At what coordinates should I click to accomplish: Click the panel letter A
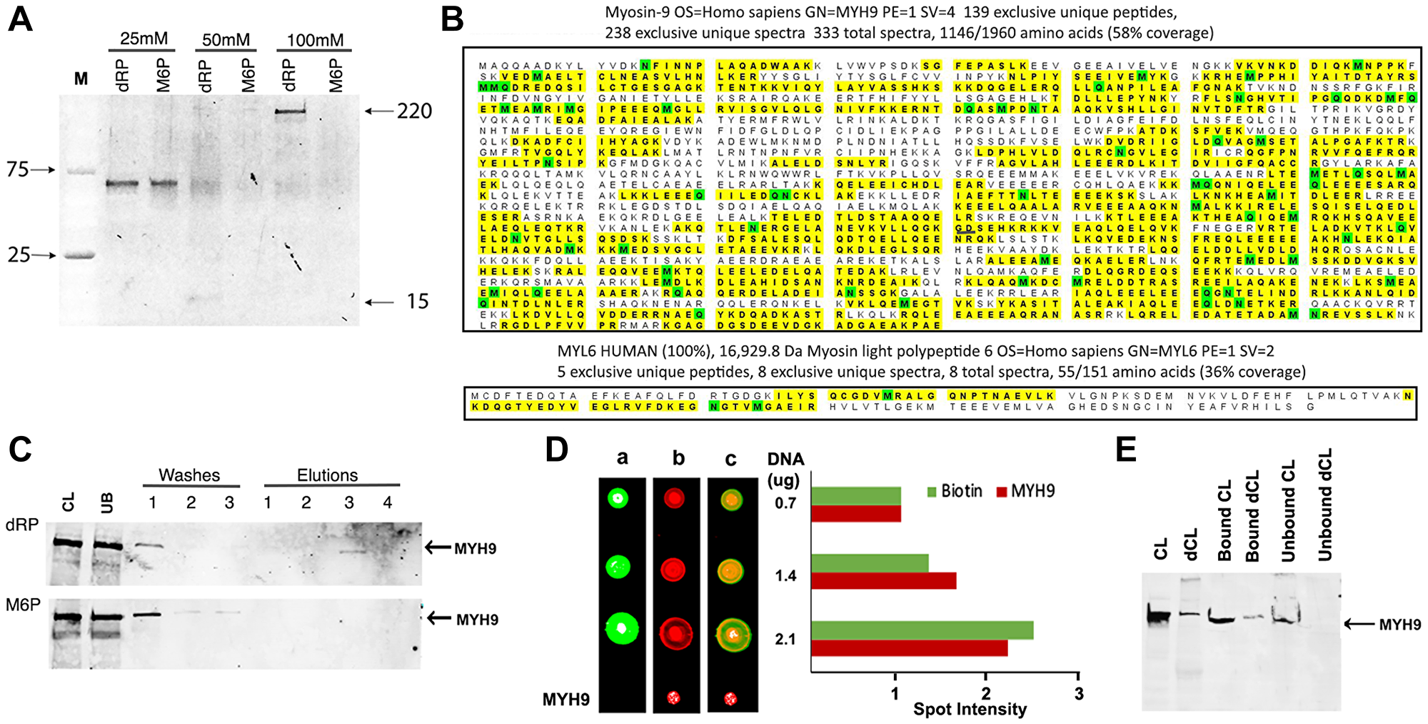pos(20,19)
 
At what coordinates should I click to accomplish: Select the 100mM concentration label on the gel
pos(315,40)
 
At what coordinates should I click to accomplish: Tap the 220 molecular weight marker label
pos(414,111)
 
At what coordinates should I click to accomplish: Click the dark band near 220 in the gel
pos(291,111)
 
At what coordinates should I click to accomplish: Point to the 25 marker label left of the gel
pos(19,255)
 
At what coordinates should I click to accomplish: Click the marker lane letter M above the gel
pos(81,79)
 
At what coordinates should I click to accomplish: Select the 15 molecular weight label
pos(418,302)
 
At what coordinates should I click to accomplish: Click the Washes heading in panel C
pos(189,475)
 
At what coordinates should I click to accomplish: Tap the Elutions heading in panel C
pos(327,475)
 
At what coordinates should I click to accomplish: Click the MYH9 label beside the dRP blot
pos(475,548)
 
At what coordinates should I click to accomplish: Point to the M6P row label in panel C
pos(23,605)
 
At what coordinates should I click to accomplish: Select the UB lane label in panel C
pos(107,503)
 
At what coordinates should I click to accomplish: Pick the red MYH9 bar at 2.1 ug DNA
pos(910,648)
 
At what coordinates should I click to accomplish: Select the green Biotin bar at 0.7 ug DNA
pos(856,495)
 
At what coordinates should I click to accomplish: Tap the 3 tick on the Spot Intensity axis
pos(1078,693)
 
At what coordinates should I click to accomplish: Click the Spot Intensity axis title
pos(970,710)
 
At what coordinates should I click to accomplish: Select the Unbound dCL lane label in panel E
pos(1325,505)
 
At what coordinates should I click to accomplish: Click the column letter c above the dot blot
pos(730,459)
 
